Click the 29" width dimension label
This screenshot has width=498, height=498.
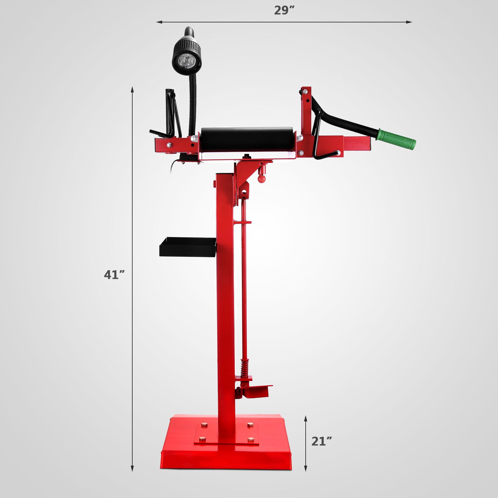[x=284, y=10]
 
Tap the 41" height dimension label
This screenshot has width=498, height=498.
[x=114, y=275]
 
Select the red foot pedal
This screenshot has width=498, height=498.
[x=257, y=391]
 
